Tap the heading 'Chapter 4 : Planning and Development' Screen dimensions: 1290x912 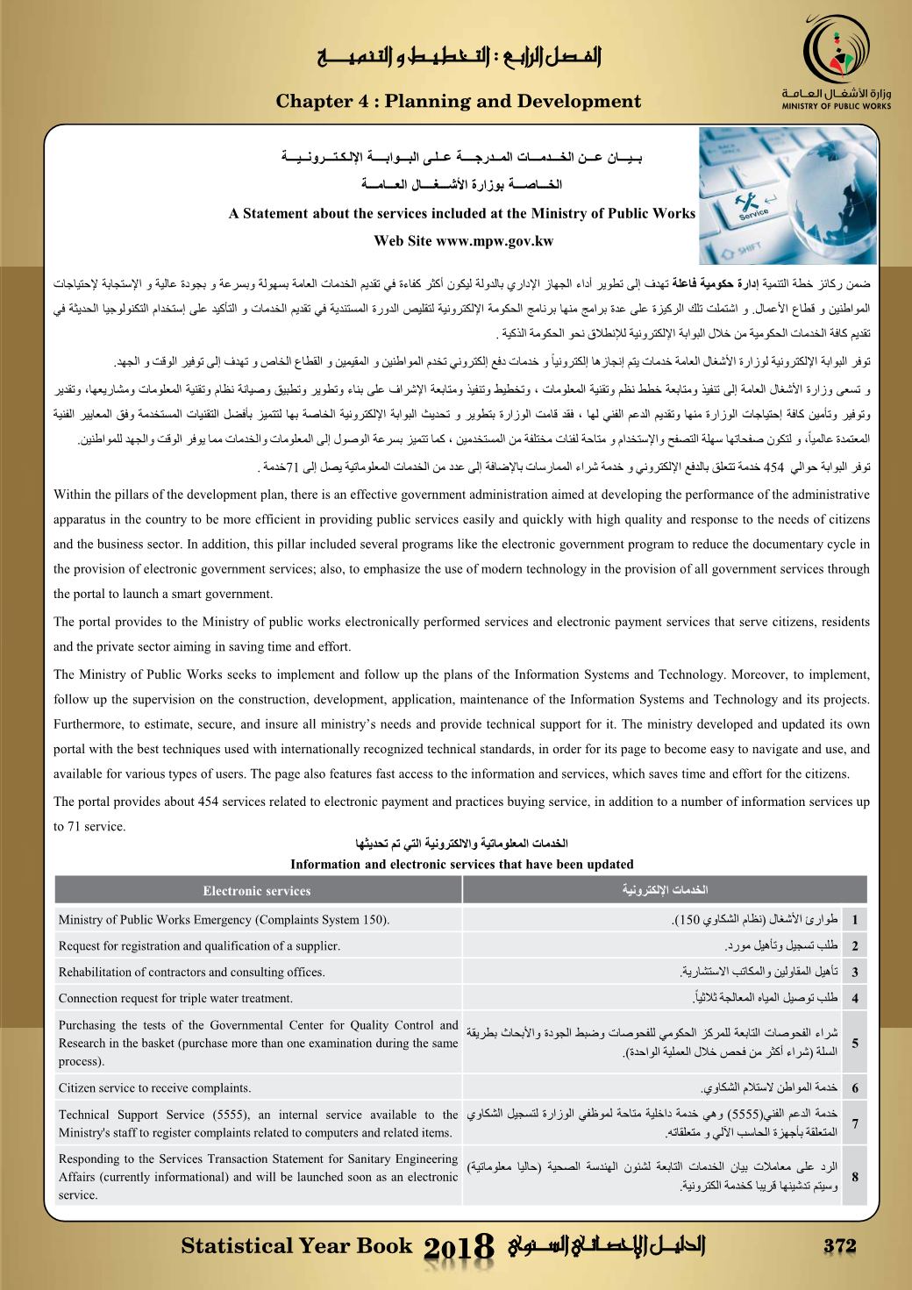(x=459, y=102)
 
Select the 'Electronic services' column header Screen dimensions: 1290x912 (x=257, y=891)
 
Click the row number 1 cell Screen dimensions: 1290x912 (x=854, y=920)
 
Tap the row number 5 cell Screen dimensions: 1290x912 (x=854, y=1044)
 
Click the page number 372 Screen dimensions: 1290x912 (x=839, y=1246)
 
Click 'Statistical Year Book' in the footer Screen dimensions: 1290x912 (x=296, y=1246)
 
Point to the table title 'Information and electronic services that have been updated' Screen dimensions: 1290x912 (x=461, y=864)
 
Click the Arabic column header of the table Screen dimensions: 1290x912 (x=664, y=891)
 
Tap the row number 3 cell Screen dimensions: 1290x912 (x=854, y=972)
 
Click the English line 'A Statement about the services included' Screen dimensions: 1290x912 (x=461, y=213)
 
